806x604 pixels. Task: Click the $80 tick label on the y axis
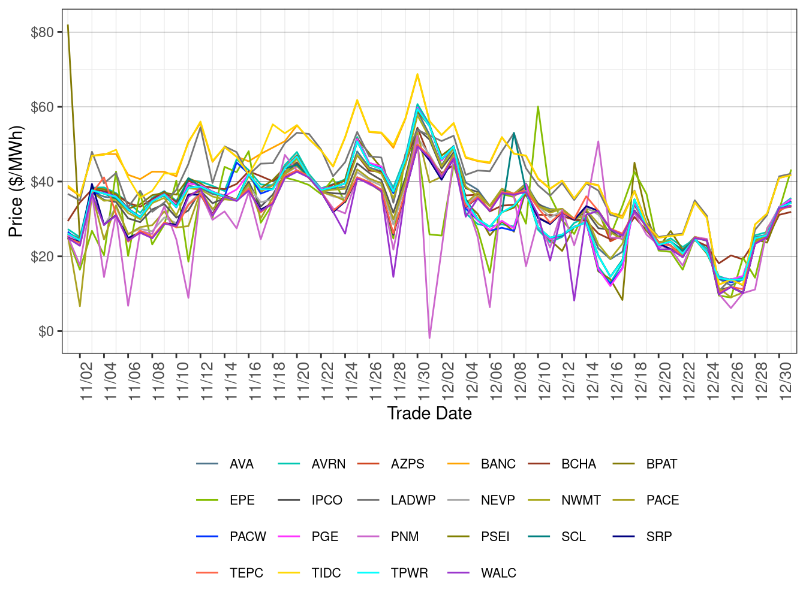click(x=42, y=32)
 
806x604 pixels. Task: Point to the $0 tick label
click(x=46, y=331)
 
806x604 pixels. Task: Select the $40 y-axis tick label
click(x=42, y=182)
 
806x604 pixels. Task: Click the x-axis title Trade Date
click(x=429, y=413)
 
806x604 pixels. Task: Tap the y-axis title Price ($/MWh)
click(x=16, y=182)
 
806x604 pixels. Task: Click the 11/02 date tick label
click(x=86, y=376)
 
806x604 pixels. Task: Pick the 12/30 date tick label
click(x=786, y=376)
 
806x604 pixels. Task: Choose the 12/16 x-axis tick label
click(x=617, y=376)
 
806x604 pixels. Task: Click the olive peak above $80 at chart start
click(x=68, y=25)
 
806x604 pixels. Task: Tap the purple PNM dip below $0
click(x=429, y=338)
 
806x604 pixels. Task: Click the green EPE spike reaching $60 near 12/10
click(x=538, y=107)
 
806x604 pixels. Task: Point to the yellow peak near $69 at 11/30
click(x=417, y=74)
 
